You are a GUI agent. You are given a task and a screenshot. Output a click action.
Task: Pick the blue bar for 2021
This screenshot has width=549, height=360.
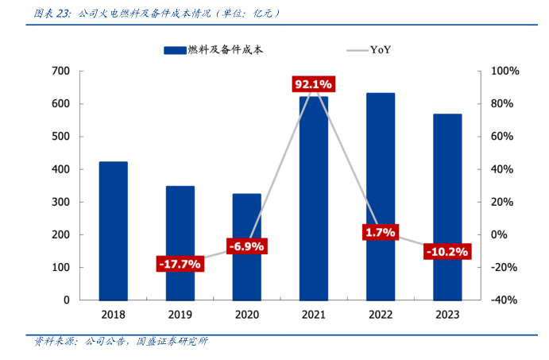(x=313, y=199)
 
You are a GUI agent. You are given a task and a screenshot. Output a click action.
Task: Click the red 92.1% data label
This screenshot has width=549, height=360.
(x=313, y=84)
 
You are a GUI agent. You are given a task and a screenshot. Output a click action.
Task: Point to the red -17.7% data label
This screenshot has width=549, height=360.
(x=179, y=264)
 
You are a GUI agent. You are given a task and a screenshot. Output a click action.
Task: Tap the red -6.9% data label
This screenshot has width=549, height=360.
(x=246, y=246)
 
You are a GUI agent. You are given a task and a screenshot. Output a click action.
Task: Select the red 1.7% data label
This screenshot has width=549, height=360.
(x=380, y=233)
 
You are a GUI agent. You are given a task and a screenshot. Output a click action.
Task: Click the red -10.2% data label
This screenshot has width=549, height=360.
(x=447, y=252)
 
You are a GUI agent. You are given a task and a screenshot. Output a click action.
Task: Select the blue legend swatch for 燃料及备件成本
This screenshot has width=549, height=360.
(x=174, y=50)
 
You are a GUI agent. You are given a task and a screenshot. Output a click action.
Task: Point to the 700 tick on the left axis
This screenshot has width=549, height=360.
(x=62, y=72)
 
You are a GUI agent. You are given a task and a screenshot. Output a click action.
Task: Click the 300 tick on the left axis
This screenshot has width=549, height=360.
(x=62, y=202)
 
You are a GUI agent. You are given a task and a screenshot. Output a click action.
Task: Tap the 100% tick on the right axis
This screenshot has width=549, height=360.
(x=505, y=72)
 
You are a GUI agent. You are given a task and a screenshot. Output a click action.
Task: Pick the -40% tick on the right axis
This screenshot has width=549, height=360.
(x=505, y=300)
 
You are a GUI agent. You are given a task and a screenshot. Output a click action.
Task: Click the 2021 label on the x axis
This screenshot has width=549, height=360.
(x=313, y=315)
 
